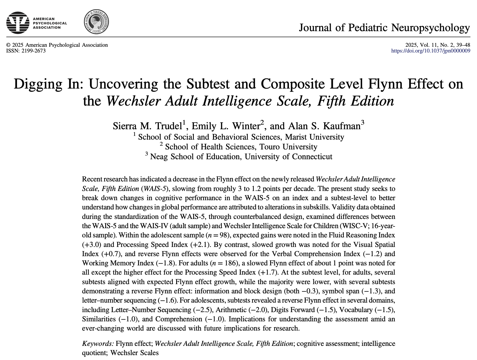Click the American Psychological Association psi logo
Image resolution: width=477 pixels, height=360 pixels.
click(x=18, y=23)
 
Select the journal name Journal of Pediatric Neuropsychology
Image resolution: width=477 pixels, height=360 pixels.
click(x=384, y=28)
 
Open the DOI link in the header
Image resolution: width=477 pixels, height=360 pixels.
click(x=431, y=51)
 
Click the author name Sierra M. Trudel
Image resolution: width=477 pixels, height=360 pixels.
click(x=148, y=126)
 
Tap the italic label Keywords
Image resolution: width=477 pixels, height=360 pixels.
click(x=98, y=344)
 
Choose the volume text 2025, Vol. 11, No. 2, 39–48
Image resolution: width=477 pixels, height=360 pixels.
click(x=437, y=45)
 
